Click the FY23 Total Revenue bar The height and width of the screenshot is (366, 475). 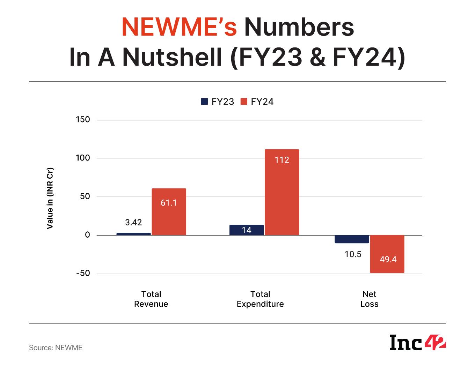tap(133, 234)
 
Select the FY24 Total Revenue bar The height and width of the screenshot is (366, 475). tap(169, 212)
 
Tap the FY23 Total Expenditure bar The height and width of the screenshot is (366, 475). tap(247, 230)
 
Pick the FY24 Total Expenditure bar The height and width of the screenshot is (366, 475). tap(282, 192)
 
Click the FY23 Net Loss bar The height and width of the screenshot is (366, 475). tap(352, 239)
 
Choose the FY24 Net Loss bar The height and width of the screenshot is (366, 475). tap(387, 254)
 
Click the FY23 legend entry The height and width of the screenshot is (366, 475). tap(218, 102)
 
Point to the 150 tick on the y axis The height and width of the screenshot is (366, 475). tap(83, 120)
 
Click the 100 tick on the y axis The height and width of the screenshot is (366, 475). tap(83, 158)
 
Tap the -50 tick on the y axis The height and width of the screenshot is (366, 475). tap(83, 273)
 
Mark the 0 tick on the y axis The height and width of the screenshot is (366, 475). tap(87, 235)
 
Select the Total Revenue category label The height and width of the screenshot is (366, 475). tap(151, 299)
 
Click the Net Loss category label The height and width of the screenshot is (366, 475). tap(369, 299)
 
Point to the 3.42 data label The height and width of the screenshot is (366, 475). tap(133, 223)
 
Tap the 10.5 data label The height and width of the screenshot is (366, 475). tap(353, 254)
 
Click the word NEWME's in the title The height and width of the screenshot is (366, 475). tap(179, 27)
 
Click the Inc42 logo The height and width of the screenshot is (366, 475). tap(418, 343)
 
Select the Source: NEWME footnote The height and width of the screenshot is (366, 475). tap(56, 348)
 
